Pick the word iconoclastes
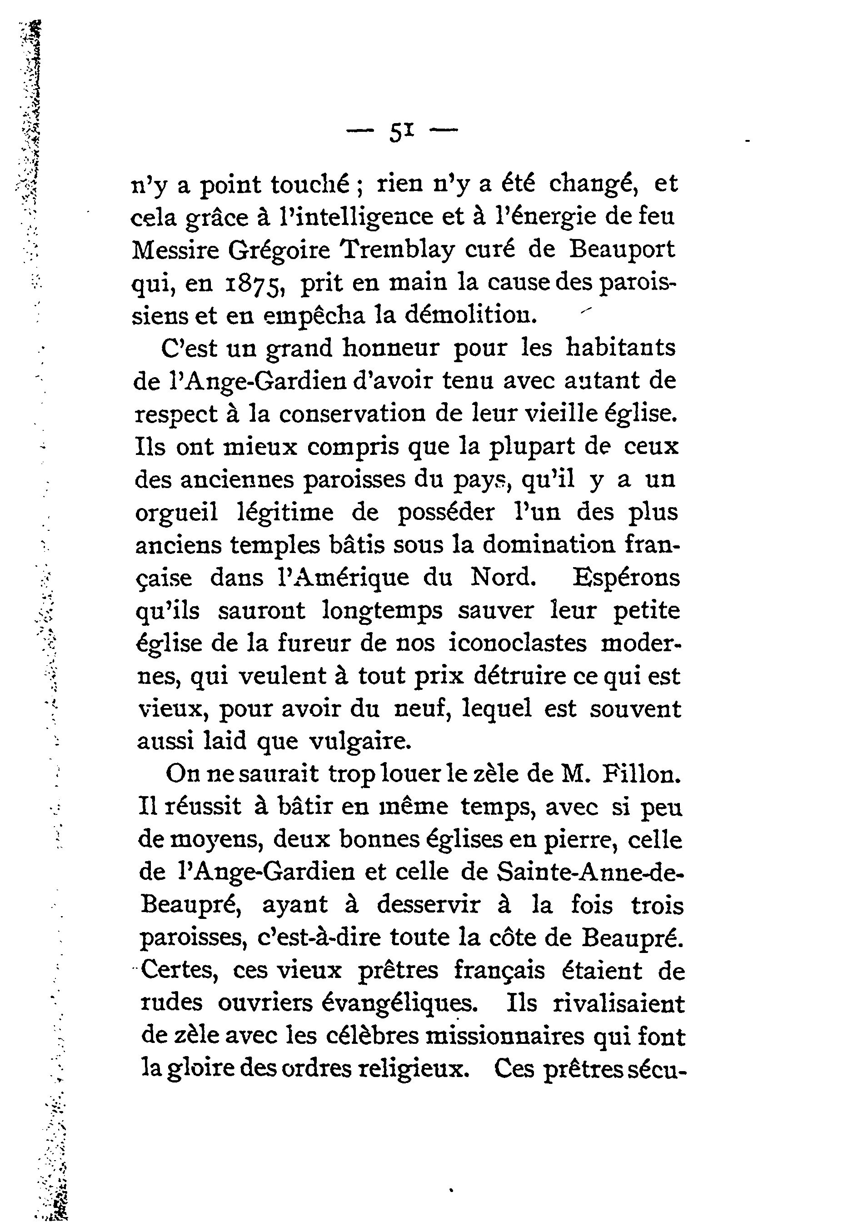pyautogui.click(x=518, y=644)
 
